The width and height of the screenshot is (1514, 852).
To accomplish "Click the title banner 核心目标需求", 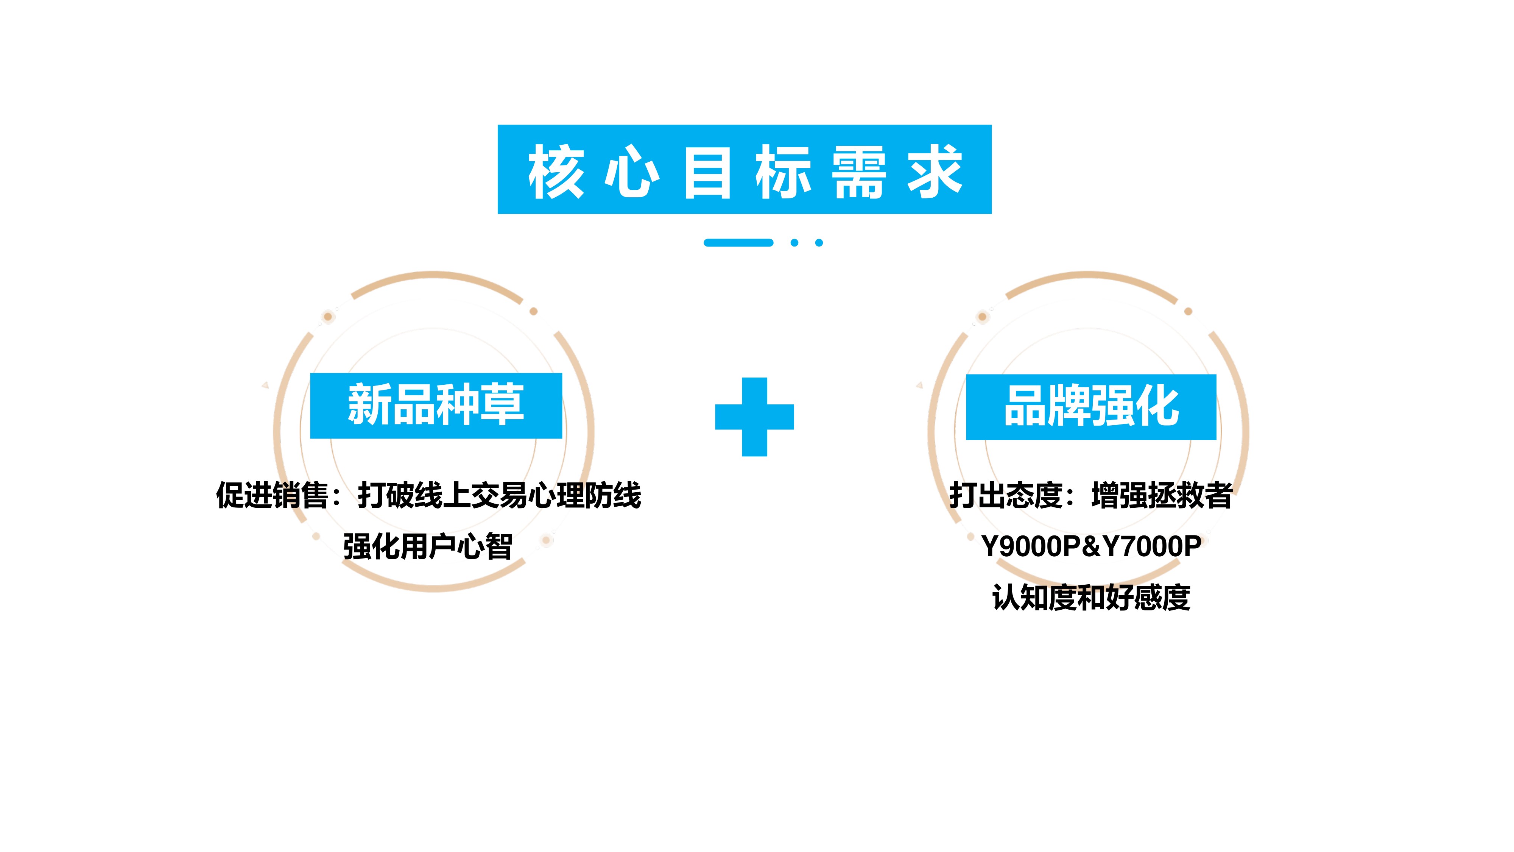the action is coord(744,169).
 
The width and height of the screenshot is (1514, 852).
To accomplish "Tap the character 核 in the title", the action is coord(555,172).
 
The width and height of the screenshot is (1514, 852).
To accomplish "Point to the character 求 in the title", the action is coord(935,172).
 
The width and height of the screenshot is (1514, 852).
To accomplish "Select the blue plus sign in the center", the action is coord(755,417).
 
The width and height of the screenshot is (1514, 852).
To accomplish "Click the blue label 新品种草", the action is coord(436,406).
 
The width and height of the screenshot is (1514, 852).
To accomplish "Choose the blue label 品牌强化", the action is coord(1092,407).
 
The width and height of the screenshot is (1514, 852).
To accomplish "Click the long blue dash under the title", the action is coord(738,242).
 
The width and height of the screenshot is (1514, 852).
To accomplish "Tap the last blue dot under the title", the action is coord(819,242).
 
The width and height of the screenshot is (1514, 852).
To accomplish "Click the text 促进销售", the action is coord(272,495).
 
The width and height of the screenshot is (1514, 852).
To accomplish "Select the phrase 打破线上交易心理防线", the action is coord(500,495).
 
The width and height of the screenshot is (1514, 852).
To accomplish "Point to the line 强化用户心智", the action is coord(428,547).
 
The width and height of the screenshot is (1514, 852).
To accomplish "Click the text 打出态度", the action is coord(1006,495).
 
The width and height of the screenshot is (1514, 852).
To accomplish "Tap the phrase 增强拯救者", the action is coord(1162,495).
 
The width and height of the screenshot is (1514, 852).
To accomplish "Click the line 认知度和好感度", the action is coord(1092,598).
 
